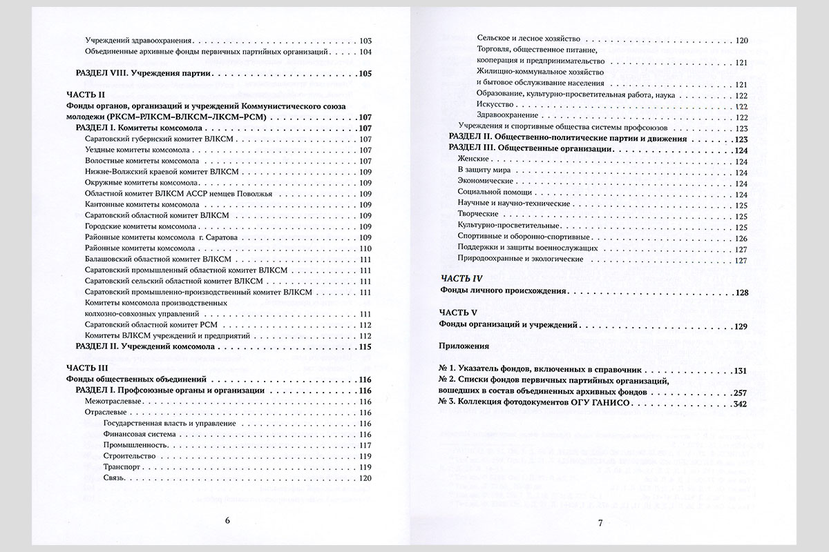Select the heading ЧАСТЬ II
pyautogui.click(x=84, y=95)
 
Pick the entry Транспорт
pyautogui.click(x=122, y=467)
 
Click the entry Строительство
pyautogui.click(x=128, y=456)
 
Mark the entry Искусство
pyautogui.click(x=494, y=106)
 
